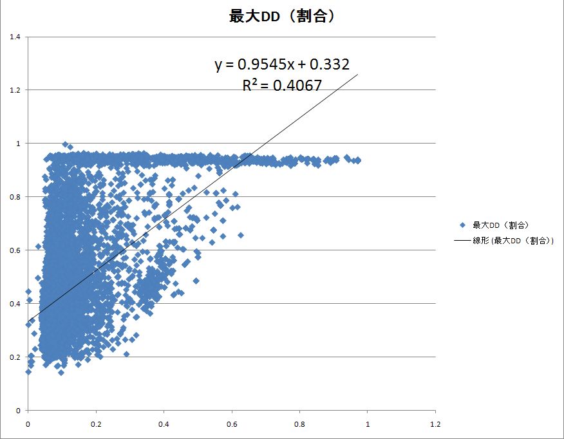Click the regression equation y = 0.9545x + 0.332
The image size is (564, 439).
pyautogui.click(x=282, y=64)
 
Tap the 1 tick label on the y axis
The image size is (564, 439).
pyautogui.click(x=17, y=144)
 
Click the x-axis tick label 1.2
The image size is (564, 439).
pyautogui.click(x=435, y=425)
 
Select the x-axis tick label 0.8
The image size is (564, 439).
pyautogui.click(x=299, y=425)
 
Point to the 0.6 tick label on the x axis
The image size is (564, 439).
pyautogui.click(x=231, y=425)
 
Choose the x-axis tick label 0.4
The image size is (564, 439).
pyautogui.click(x=164, y=425)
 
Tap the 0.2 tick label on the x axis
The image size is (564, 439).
pyautogui.click(x=95, y=425)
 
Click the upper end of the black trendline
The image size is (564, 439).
pyautogui.click(x=357, y=74)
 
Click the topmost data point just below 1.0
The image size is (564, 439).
pyautogui.click(x=65, y=145)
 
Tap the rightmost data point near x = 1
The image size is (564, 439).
pyautogui.click(x=358, y=160)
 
